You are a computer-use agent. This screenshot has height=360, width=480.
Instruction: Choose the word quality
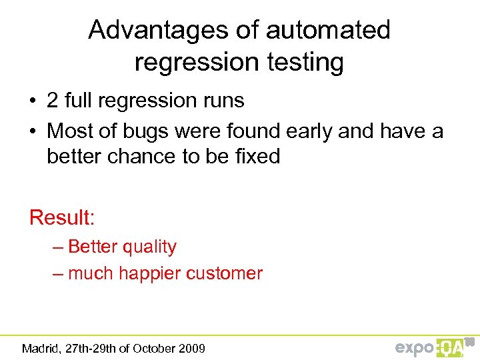pyautogui.click(x=145, y=247)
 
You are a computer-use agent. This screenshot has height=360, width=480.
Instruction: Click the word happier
pyautogui.click(x=151, y=273)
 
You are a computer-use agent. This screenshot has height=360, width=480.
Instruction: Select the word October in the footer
pyautogui.click(x=155, y=348)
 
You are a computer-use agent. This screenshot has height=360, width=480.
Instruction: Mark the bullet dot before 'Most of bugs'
pyautogui.click(x=33, y=132)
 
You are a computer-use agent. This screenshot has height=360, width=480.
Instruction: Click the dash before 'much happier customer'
pyautogui.click(x=58, y=273)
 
